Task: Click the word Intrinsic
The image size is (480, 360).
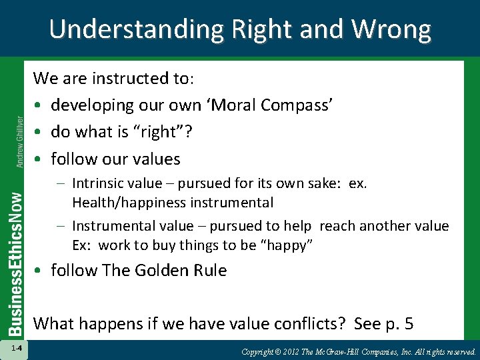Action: (97, 183)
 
